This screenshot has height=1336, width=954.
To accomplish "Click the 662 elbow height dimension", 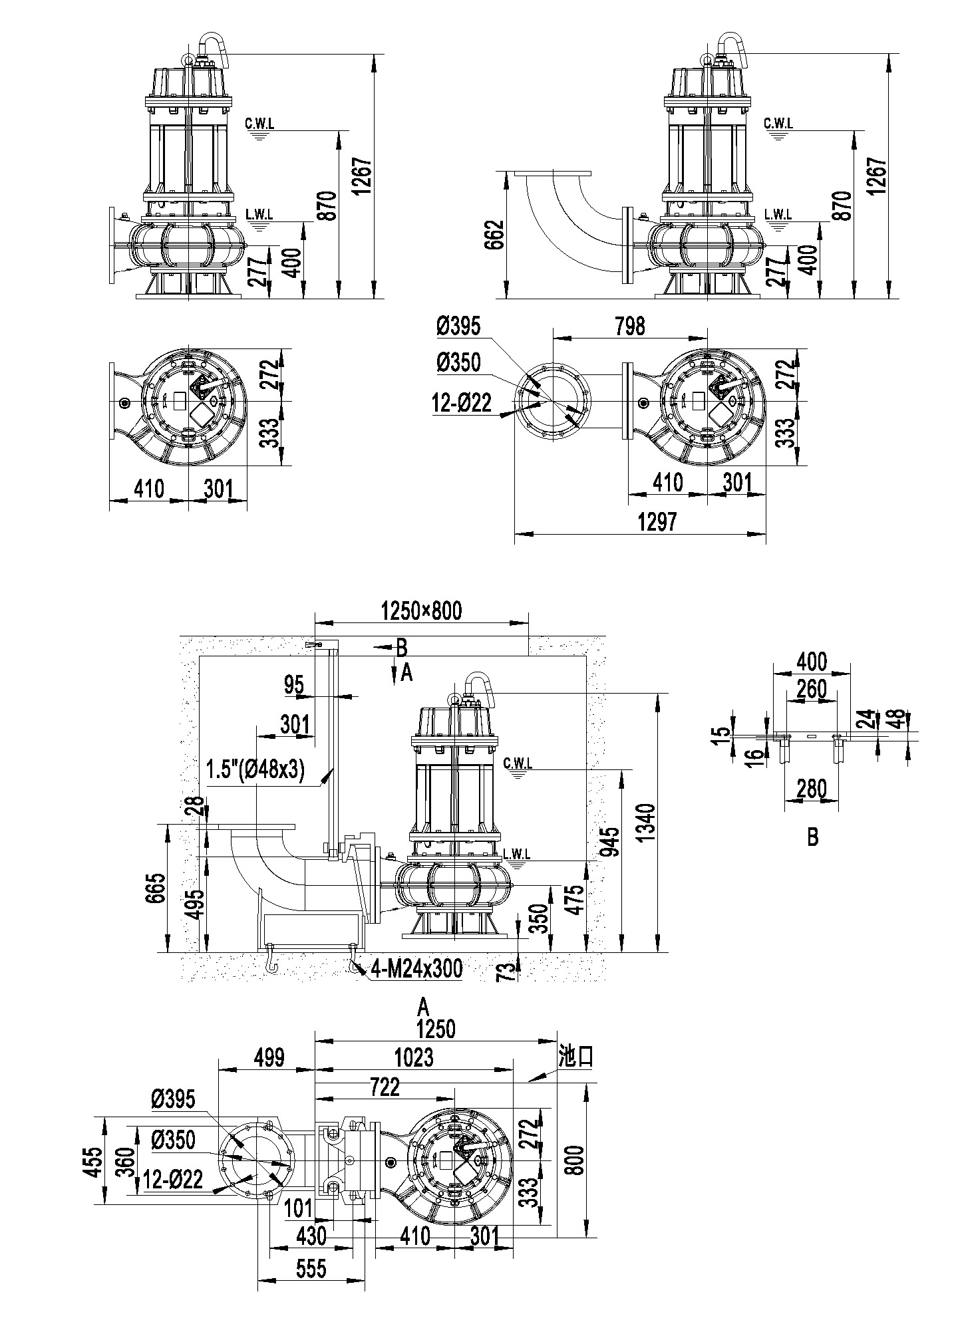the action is (x=493, y=234).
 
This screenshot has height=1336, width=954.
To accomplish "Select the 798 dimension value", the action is (x=630, y=326).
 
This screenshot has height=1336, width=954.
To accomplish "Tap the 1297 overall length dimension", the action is (x=657, y=522).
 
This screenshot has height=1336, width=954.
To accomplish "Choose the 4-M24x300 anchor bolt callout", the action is (x=416, y=968).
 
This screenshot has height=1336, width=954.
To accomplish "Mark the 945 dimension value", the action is (x=611, y=842).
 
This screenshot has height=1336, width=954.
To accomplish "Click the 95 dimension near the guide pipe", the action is (x=293, y=684).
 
